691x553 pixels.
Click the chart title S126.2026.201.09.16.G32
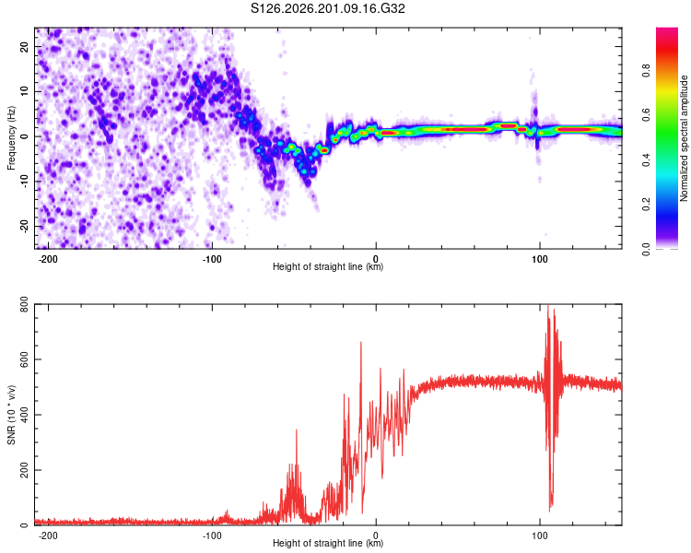pyautogui.click(x=327, y=8)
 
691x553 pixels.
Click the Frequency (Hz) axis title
pyautogui.click(x=11, y=138)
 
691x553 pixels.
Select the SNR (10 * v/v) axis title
pyautogui.click(x=11, y=415)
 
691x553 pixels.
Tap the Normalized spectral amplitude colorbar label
pyautogui.click(x=684, y=138)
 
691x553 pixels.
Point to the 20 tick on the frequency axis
pyautogui.click(x=25, y=46)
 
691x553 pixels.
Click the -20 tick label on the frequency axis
pyautogui.click(x=25, y=226)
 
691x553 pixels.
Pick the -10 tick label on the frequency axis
pyautogui.click(x=25, y=182)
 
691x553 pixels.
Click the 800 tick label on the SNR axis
pyautogui.click(x=25, y=304)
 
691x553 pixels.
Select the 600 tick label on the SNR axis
pyautogui.click(x=25, y=359)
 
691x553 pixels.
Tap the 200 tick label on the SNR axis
pyautogui.click(x=25, y=470)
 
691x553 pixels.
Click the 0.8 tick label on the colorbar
pyautogui.click(x=646, y=71)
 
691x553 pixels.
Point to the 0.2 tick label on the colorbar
pyautogui.click(x=646, y=205)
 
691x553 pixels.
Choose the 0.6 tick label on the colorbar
pyautogui.click(x=646, y=115)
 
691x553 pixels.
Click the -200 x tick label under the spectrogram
pyautogui.click(x=48, y=259)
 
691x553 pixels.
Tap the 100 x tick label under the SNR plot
pyautogui.click(x=539, y=535)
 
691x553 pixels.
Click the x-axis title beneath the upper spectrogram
pyautogui.click(x=328, y=266)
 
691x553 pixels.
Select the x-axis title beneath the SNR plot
pyautogui.click(x=328, y=543)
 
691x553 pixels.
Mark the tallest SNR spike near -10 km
pyautogui.click(x=361, y=342)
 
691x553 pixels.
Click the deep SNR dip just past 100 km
pyautogui.click(x=550, y=510)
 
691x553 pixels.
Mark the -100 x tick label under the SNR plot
pyautogui.click(x=212, y=535)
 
